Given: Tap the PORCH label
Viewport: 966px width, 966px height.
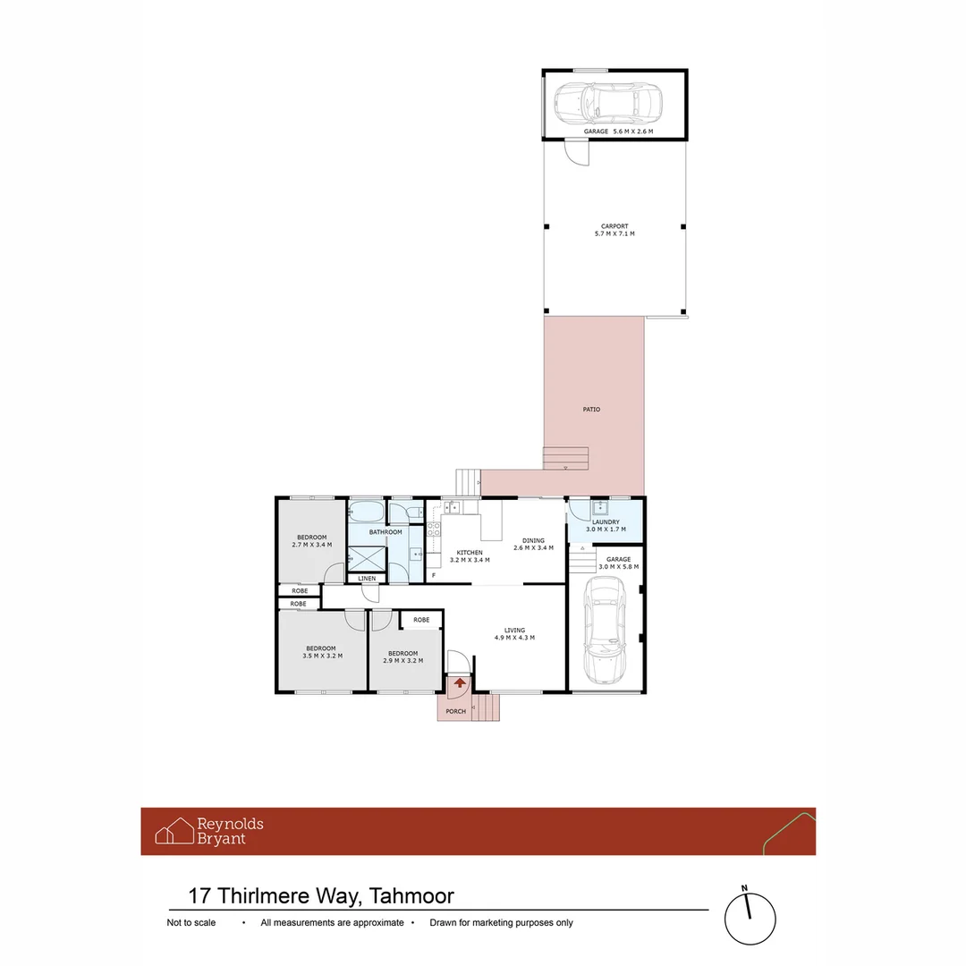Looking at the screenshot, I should (456, 712).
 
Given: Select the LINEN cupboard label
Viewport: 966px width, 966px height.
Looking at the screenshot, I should (367, 579).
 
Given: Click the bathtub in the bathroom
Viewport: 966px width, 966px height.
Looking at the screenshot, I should (367, 513).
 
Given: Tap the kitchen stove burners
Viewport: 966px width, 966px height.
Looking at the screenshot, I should (435, 528).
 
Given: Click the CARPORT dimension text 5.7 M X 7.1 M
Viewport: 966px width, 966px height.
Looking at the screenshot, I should (614, 233).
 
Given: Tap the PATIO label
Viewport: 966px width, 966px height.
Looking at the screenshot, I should (591, 410).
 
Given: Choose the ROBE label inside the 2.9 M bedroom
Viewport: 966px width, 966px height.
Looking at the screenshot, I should (421, 620).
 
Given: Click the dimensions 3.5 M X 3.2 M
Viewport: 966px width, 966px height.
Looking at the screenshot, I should (321, 656).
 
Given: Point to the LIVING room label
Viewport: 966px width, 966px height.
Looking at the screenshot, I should (514, 630).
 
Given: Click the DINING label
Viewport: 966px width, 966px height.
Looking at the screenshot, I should (533, 540).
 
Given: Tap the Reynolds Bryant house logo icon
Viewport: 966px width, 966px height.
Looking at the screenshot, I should (174, 831).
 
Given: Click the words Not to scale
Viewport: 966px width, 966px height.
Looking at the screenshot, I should (191, 923).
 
